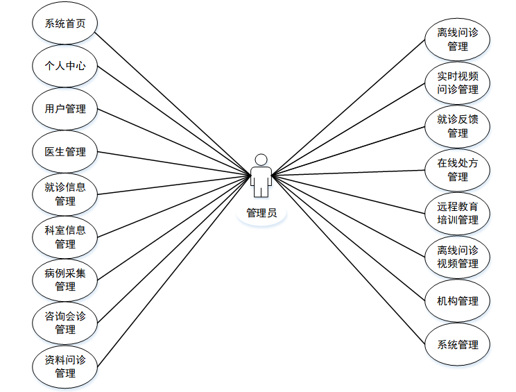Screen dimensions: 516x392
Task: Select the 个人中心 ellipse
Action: (x=64, y=66)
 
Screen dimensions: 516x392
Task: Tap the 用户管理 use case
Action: (x=64, y=109)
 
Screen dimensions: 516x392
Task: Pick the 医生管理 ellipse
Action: (x=64, y=151)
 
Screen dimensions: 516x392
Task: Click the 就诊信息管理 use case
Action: (x=64, y=194)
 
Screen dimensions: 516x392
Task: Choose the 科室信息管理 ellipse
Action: (x=64, y=237)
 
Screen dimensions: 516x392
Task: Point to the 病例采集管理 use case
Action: (x=64, y=280)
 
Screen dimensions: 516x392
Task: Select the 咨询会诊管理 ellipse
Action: (x=64, y=323)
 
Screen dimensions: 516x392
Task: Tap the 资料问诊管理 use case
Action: (x=64, y=366)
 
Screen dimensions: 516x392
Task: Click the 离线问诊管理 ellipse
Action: (x=458, y=40)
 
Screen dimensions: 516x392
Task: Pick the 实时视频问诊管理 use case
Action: (x=458, y=83)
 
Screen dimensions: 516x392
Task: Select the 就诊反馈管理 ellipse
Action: (x=458, y=126)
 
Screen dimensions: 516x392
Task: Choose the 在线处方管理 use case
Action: (x=458, y=170)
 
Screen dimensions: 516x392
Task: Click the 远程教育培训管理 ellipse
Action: (x=458, y=213)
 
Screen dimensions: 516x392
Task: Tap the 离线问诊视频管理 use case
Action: (x=458, y=257)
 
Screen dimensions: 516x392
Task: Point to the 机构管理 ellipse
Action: (x=458, y=300)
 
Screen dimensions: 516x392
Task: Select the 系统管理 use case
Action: (x=458, y=344)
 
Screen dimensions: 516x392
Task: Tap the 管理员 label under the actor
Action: (x=261, y=213)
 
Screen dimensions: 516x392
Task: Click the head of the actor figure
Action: (x=261, y=159)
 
